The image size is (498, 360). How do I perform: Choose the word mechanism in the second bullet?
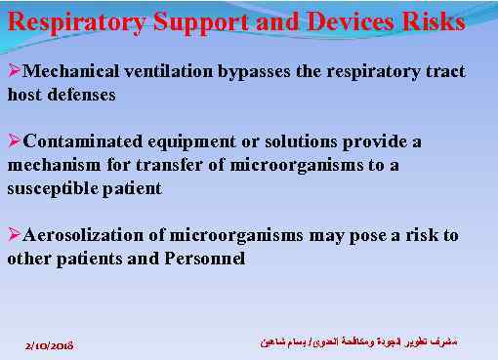[x=54, y=166]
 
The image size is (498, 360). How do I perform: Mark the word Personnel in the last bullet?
[x=204, y=260]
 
